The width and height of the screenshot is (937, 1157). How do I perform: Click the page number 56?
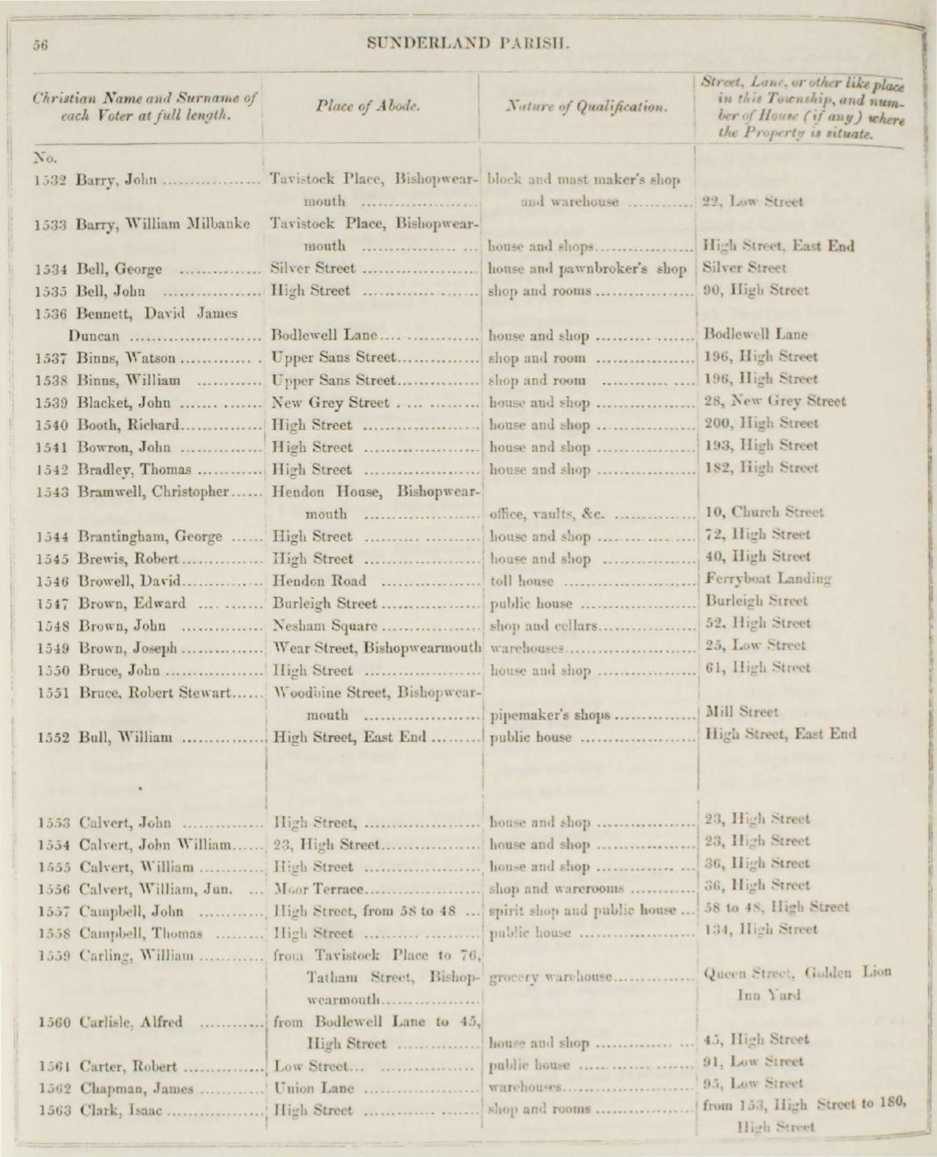(x=40, y=44)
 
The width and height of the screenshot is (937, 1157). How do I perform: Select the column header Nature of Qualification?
(x=587, y=107)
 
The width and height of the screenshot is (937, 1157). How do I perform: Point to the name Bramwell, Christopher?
(x=153, y=492)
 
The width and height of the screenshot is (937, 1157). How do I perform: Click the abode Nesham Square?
(x=324, y=624)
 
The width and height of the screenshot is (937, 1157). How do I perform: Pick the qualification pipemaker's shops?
(x=550, y=715)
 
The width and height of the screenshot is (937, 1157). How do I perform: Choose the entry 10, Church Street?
(x=763, y=512)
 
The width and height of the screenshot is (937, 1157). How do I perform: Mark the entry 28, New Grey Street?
(x=774, y=401)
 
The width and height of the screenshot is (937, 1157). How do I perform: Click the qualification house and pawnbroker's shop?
(x=588, y=268)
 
